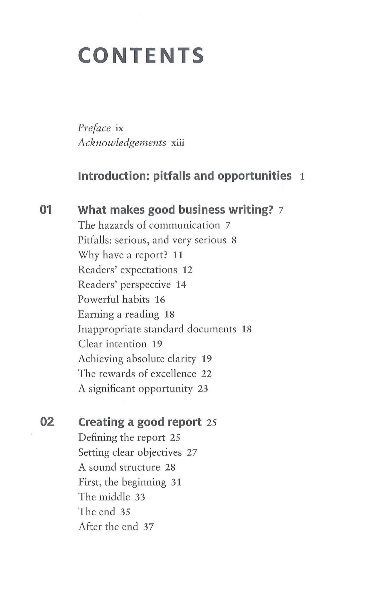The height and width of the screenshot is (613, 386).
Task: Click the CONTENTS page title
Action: (141, 55)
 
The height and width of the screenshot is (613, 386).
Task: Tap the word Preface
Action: (94, 128)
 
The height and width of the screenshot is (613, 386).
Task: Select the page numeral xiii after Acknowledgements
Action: (178, 143)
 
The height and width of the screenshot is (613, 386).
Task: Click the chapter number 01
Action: (46, 210)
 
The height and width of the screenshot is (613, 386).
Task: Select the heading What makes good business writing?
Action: (175, 210)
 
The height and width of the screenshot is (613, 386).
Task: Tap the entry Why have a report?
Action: (123, 255)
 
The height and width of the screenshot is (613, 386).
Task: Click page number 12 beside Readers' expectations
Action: (187, 270)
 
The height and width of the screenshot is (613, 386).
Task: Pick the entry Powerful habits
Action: (114, 299)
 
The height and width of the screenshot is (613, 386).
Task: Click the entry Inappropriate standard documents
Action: (157, 329)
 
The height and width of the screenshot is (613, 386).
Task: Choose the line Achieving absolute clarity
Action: (137, 359)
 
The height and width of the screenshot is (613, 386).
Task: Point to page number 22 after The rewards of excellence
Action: (206, 374)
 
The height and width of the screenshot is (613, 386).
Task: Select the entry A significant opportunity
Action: (135, 388)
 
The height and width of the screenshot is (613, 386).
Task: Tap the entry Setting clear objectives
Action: (130, 452)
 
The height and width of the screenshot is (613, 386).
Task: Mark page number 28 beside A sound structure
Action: (170, 467)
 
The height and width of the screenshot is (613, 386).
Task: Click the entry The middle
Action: (104, 497)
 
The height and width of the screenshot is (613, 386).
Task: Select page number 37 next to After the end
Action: (148, 527)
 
